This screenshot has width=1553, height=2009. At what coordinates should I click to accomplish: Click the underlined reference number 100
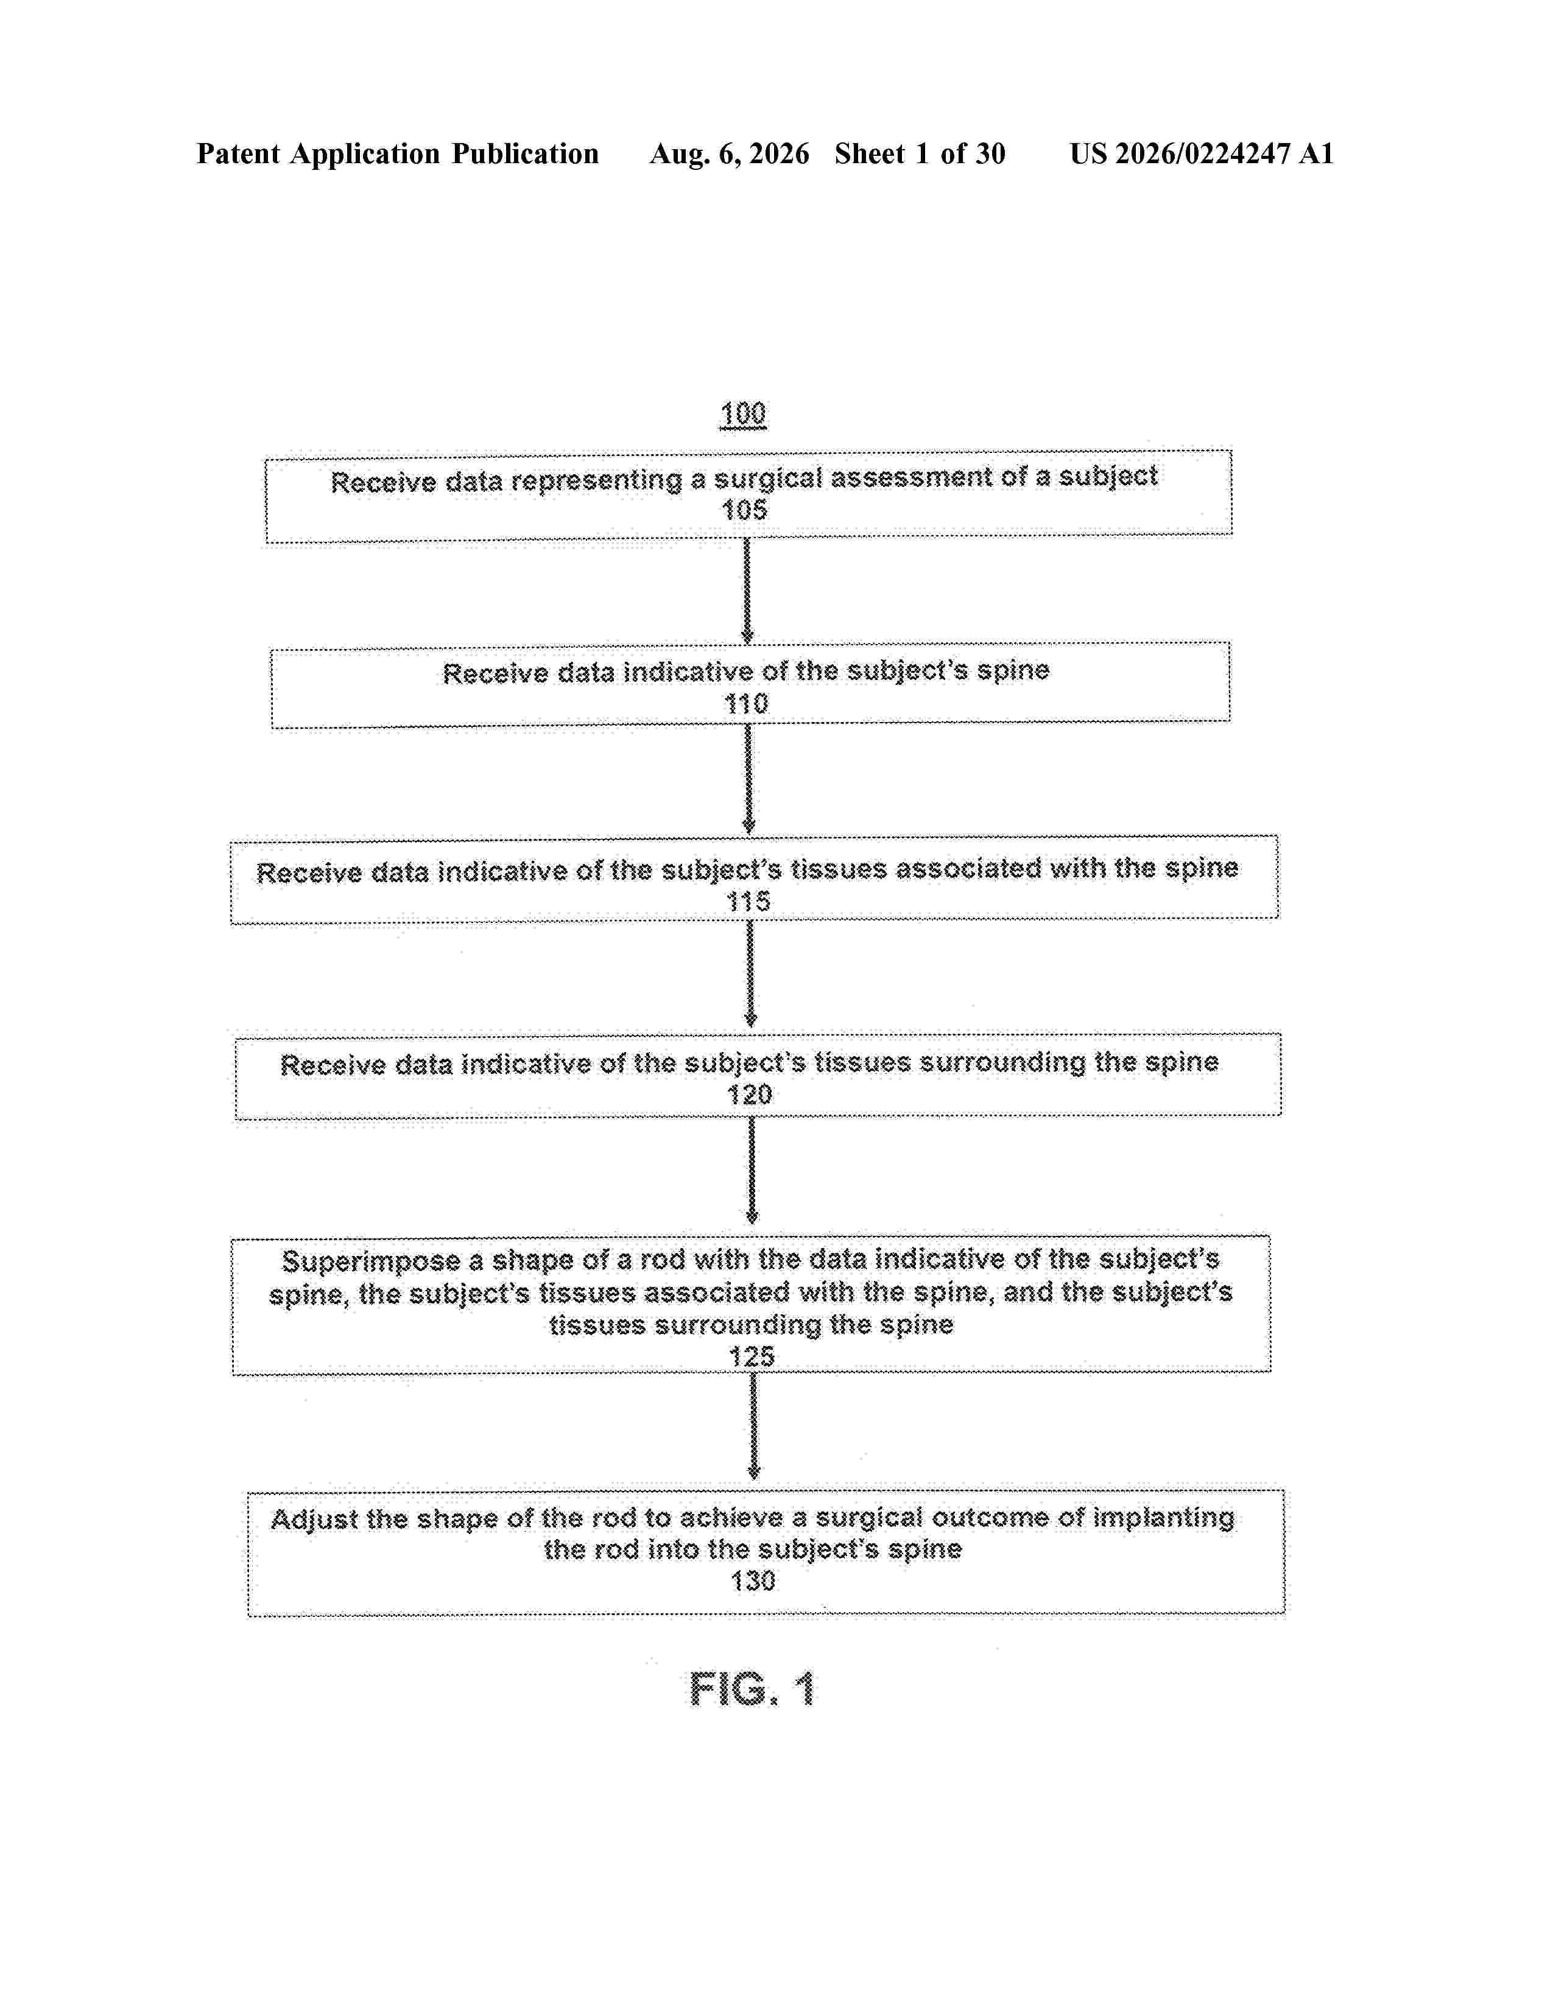click(742, 414)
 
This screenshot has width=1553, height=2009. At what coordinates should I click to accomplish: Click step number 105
click(744, 510)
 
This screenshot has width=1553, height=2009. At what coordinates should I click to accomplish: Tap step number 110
click(746, 704)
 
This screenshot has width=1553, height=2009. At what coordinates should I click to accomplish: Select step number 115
click(748, 902)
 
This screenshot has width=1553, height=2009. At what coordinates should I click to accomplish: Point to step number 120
click(750, 1095)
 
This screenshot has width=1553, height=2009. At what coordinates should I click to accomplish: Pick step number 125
click(752, 1356)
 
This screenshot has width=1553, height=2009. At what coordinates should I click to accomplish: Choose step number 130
click(753, 1580)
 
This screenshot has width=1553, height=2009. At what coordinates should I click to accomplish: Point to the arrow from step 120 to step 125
click(752, 1171)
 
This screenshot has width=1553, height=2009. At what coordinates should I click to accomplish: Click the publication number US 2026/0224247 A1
click(1202, 153)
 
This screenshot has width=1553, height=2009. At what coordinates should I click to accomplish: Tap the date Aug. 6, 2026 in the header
click(730, 153)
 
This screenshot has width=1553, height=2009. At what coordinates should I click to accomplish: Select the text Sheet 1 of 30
click(920, 153)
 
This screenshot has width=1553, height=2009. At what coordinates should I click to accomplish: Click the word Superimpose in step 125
click(371, 1261)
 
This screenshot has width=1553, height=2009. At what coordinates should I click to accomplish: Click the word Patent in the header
click(238, 153)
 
